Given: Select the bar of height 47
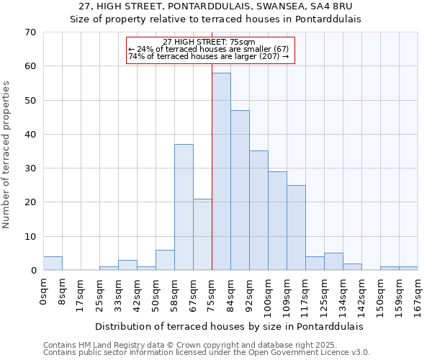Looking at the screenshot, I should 240,190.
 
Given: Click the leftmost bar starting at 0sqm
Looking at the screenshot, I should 53,264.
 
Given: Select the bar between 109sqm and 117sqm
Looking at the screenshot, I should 296,228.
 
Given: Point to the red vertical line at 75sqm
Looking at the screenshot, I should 212,144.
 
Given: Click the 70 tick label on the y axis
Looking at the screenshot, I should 30,32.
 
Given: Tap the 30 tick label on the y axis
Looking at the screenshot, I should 30,168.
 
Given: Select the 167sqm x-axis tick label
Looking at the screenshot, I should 418,297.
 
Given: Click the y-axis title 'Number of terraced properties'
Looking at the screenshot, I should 7,155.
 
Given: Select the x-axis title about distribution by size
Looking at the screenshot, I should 229,326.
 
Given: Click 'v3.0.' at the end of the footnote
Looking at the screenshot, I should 358,352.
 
